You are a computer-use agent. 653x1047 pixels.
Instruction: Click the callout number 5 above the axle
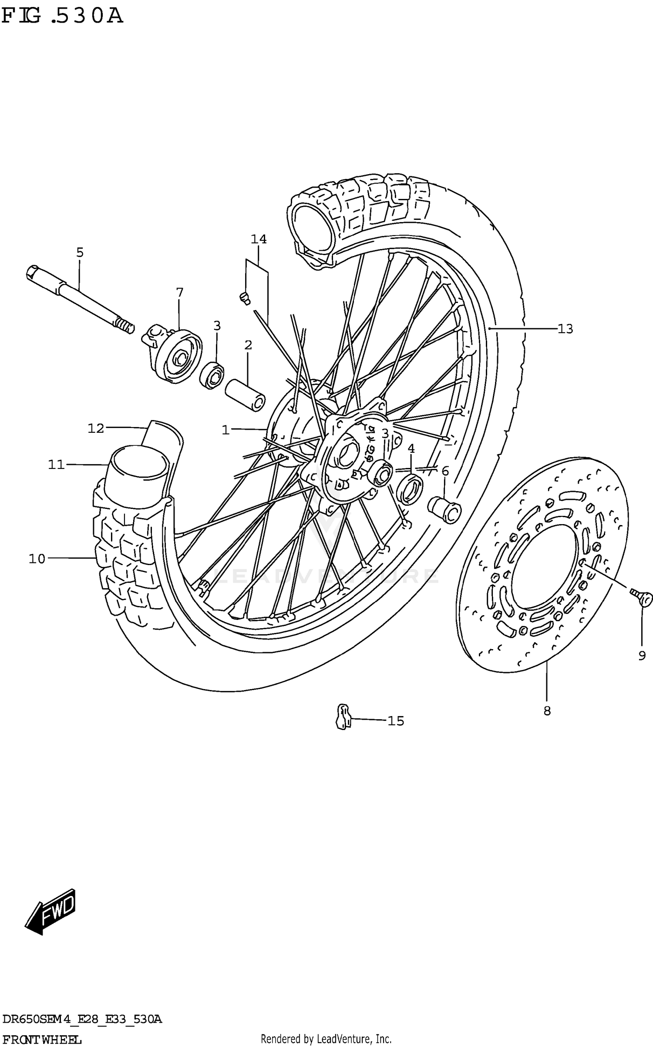tap(80, 252)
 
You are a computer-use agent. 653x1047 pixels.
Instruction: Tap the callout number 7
tap(179, 292)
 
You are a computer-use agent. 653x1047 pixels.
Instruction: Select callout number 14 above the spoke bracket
tap(259, 239)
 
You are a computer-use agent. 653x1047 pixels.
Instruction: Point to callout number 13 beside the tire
tap(565, 329)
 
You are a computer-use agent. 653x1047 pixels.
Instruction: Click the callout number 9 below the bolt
tap(642, 656)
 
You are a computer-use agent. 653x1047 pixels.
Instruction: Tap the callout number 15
tap(396, 721)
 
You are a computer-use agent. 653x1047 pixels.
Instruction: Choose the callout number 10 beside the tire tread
tap(37, 559)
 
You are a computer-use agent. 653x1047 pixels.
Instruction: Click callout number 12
tap(96, 428)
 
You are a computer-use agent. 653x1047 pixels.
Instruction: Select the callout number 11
tap(56, 465)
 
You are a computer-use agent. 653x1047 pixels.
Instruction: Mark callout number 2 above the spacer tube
tap(248, 345)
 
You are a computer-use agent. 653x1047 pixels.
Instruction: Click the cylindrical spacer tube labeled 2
tap(245, 394)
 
